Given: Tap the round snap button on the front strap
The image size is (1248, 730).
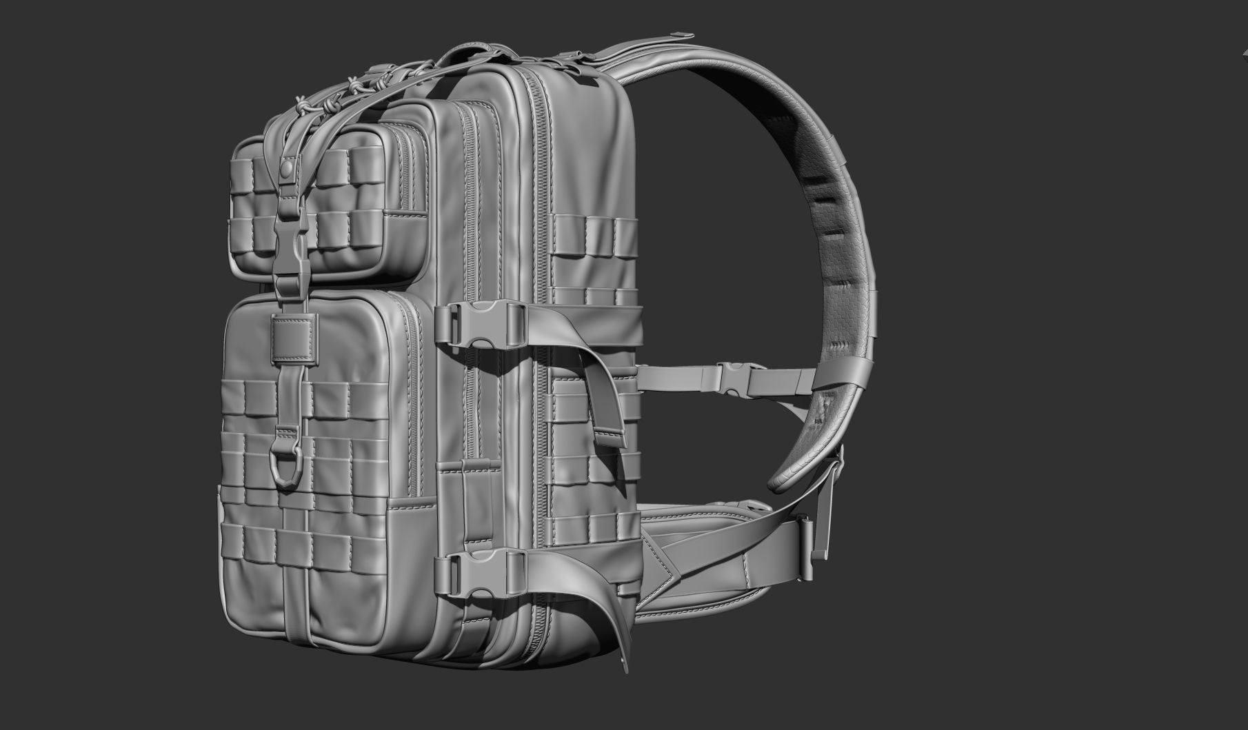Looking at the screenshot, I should coord(286,167).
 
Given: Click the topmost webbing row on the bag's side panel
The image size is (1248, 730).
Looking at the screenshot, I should coord(593,227).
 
